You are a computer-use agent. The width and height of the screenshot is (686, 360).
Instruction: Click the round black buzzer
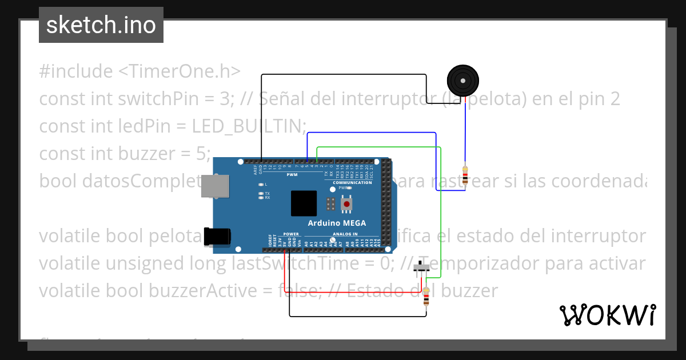click(x=463, y=81)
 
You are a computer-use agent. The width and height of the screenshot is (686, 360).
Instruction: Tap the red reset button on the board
click(x=346, y=205)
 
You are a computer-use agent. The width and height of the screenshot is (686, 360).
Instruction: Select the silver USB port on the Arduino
click(x=216, y=186)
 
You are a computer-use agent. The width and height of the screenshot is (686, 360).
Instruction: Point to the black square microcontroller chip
click(x=304, y=203)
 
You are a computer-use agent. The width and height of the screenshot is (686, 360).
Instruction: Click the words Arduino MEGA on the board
click(x=337, y=223)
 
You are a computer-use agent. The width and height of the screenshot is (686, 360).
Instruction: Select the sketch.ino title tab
click(x=101, y=25)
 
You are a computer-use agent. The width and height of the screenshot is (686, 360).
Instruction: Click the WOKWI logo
click(x=607, y=315)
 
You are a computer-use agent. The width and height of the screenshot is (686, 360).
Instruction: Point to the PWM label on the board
click(x=292, y=174)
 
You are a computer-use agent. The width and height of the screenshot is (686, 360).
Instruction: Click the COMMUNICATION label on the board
click(x=352, y=182)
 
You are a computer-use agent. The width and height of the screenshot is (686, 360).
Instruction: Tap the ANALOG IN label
click(x=345, y=234)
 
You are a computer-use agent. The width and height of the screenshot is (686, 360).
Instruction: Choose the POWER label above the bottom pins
click(x=291, y=234)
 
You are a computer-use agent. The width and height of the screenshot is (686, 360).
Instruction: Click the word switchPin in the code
click(x=138, y=99)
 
